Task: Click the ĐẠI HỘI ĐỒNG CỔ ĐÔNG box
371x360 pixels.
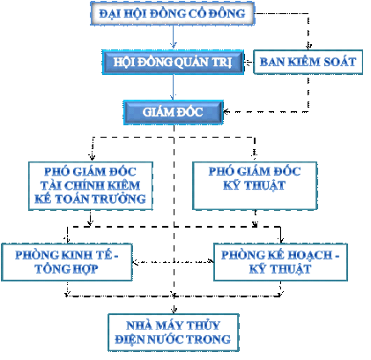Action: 172,13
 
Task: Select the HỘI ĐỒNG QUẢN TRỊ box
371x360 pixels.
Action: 173,62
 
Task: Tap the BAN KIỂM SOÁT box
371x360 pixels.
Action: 308,62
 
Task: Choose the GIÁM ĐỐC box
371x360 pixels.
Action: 174,112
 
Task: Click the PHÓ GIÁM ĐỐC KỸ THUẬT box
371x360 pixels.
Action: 255,185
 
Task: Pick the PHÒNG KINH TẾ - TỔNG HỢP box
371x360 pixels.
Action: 67,262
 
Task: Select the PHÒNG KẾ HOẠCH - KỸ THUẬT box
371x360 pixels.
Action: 280,262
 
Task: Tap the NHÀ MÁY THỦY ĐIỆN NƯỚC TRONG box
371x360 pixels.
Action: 174,333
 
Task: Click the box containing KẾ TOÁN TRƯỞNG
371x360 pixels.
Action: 91,185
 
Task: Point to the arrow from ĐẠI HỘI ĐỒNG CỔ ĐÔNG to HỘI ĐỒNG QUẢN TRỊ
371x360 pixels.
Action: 174,37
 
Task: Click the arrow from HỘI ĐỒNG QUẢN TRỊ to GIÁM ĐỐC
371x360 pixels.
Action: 174,87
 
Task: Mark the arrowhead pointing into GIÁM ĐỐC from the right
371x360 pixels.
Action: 226,112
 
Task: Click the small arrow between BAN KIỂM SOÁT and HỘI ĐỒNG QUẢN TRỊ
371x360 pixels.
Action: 249,62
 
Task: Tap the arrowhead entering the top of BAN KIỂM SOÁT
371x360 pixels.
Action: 308,47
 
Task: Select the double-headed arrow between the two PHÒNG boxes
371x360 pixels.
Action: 173,261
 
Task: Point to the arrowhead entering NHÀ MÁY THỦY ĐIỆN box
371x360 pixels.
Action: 174,310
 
